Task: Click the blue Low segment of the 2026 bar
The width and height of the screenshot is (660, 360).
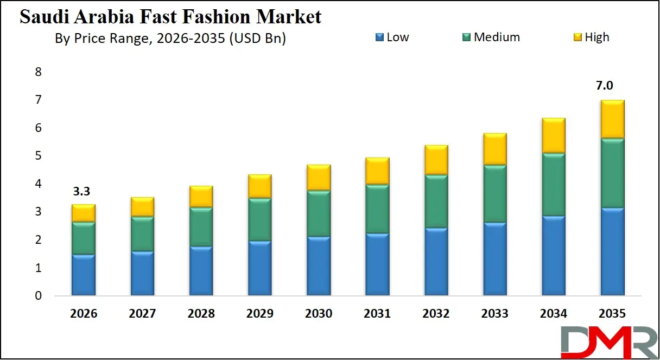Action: tap(84, 275)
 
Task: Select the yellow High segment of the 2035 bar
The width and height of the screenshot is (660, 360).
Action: tap(612, 119)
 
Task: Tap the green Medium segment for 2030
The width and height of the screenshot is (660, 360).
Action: tap(318, 213)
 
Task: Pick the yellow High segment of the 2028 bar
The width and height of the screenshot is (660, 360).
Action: tap(201, 197)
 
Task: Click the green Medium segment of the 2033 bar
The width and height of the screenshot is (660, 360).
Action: tap(494, 194)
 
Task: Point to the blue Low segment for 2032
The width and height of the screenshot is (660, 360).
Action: tap(436, 262)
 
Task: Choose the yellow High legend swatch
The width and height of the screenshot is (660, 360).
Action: tap(579, 37)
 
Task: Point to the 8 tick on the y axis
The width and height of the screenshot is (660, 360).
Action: tap(38, 72)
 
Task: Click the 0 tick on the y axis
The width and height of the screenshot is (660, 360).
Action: tap(38, 296)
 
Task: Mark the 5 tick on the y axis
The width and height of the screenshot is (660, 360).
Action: tap(38, 156)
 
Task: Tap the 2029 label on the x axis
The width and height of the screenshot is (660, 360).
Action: tap(260, 314)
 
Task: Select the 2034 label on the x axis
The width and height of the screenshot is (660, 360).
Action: tap(553, 314)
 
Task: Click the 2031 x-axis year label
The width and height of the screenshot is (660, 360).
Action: tap(377, 314)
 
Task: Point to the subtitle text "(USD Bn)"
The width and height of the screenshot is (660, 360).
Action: tap(261, 39)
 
